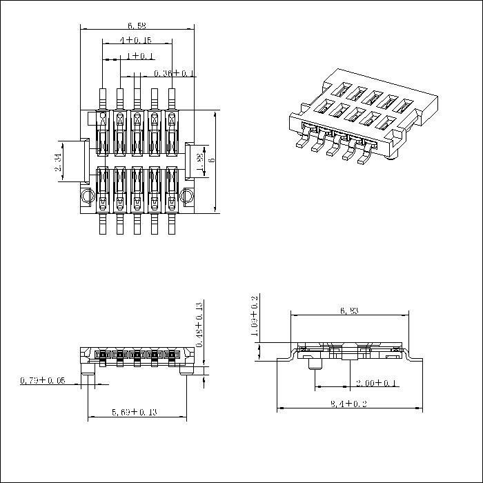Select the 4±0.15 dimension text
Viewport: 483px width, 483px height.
135,41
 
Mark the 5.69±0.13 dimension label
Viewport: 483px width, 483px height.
136,413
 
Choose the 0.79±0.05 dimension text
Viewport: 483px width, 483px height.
43,380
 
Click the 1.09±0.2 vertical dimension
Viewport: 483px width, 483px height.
254,318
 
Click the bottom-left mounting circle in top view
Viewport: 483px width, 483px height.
86,197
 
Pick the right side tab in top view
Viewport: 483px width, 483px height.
193,161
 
